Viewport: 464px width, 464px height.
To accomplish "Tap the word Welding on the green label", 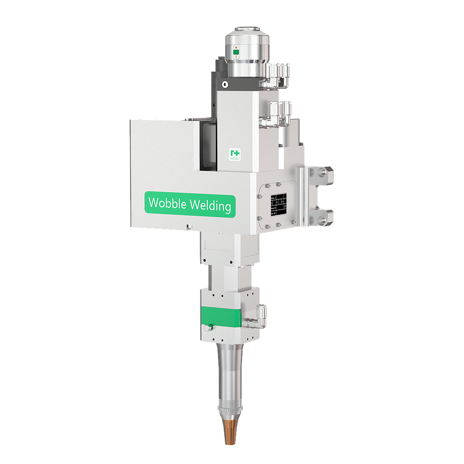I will pos(210,206).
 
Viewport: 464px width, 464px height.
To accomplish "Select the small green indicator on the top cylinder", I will pos(236,53).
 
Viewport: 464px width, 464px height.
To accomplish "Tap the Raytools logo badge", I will pos(234,154).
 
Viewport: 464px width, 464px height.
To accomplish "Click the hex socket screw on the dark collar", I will pos(225,84).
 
